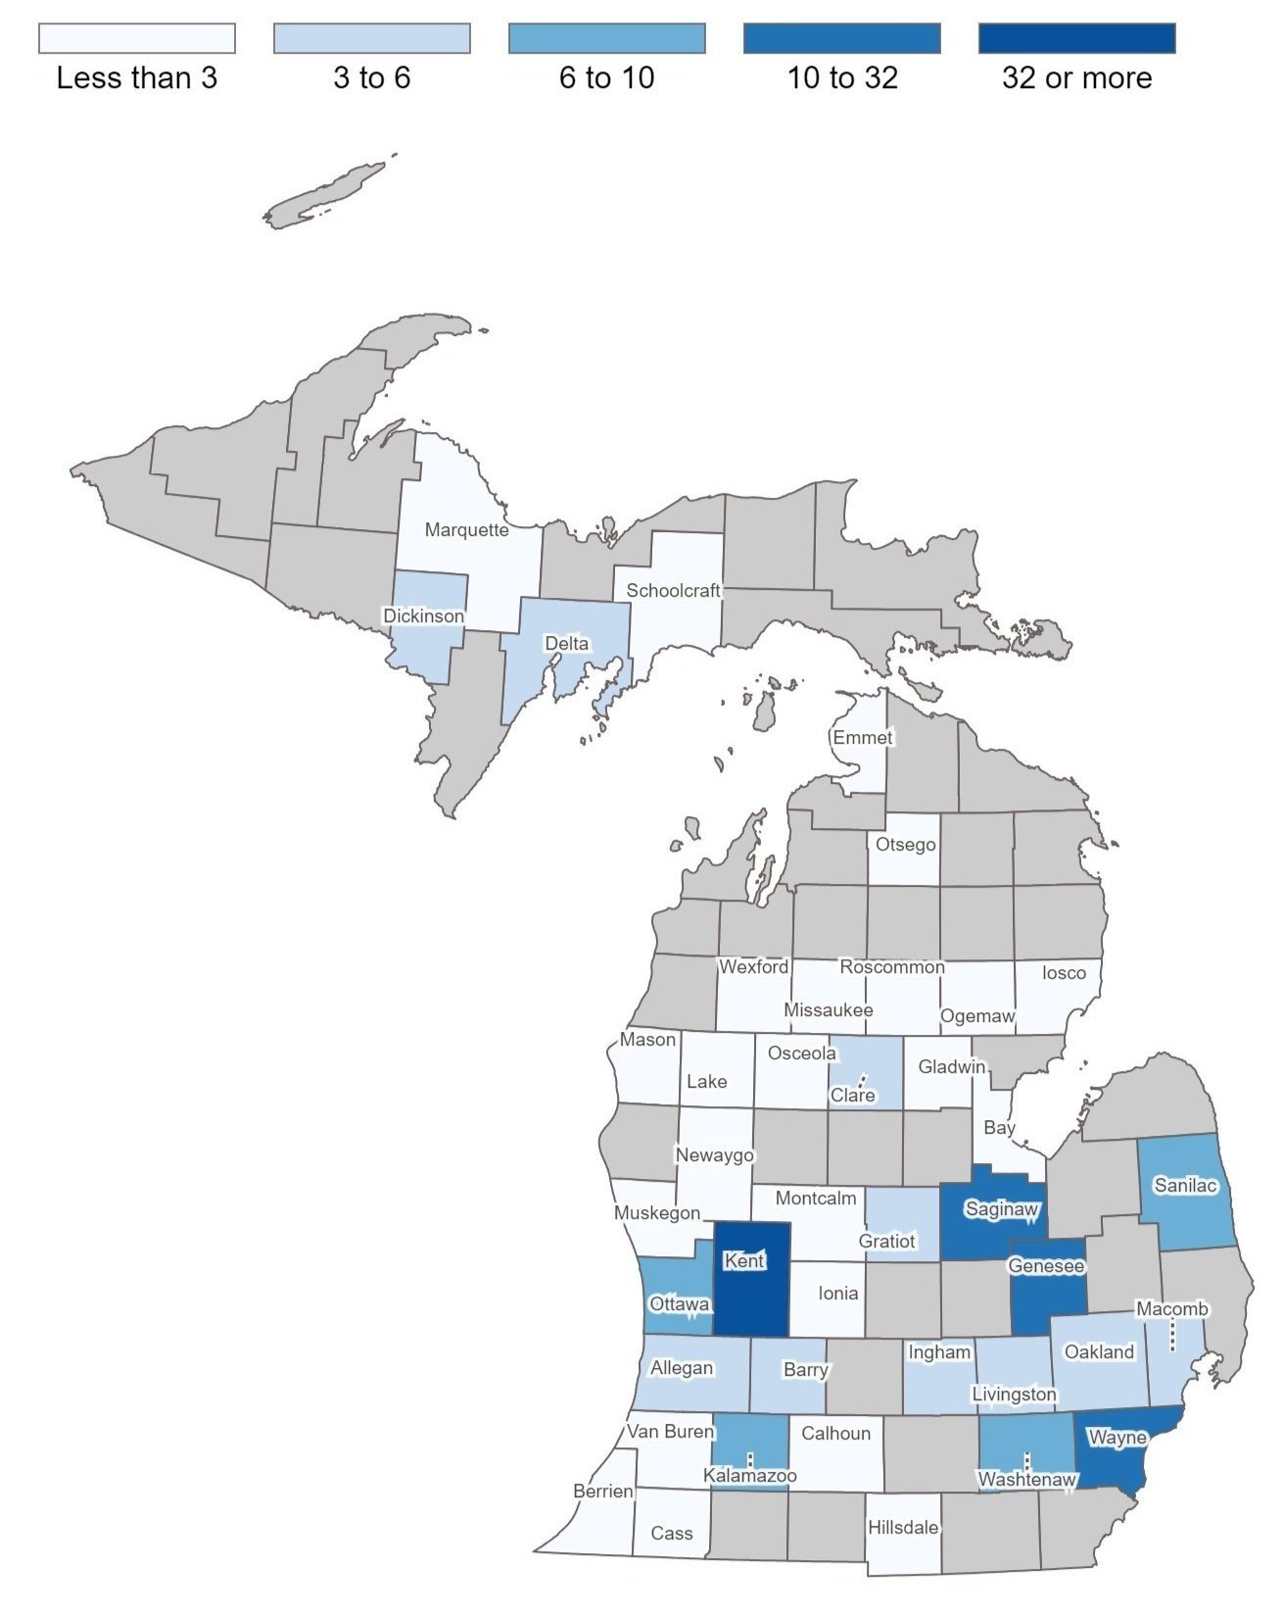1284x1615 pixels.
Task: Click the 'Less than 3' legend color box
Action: coord(137,38)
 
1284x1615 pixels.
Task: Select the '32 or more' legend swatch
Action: coord(1076,38)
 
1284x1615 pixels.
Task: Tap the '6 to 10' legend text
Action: coord(606,78)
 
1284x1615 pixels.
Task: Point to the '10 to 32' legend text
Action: coord(842,78)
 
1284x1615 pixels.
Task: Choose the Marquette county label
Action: coord(466,530)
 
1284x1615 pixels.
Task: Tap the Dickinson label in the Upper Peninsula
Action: coord(423,616)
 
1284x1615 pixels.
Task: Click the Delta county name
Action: coord(566,644)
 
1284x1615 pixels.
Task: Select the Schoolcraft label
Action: coord(673,591)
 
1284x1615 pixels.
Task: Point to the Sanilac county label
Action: coord(1185,1186)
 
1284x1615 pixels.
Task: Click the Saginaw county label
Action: coord(1001,1209)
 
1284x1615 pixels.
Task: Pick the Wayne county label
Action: coord(1117,1438)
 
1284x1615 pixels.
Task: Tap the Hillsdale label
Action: coord(903,1528)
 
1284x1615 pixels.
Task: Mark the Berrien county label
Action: coord(602,1492)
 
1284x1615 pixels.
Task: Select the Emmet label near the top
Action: coord(862,738)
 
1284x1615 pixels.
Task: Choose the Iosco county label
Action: coord(1064,973)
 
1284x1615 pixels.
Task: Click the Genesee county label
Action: coord(1046,1266)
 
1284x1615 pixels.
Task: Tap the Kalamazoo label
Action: coord(750,1476)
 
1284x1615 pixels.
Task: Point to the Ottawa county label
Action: coord(679,1304)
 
